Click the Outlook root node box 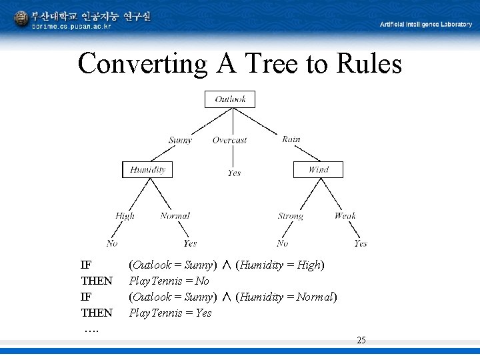[230, 99]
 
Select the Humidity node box [147, 169]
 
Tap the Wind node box [318, 169]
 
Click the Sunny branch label [180, 140]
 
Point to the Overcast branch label [229, 140]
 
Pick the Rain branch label [291, 139]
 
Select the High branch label [125, 215]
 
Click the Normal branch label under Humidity [175, 215]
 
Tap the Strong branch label [291, 215]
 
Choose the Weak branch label [345, 215]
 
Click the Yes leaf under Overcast [234, 173]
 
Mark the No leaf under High [112, 243]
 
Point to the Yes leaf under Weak [360, 243]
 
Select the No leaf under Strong [283, 243]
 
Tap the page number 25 [361, 340]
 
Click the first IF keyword [86, 265]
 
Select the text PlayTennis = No [169, 281]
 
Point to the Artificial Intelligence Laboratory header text [426, 24]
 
